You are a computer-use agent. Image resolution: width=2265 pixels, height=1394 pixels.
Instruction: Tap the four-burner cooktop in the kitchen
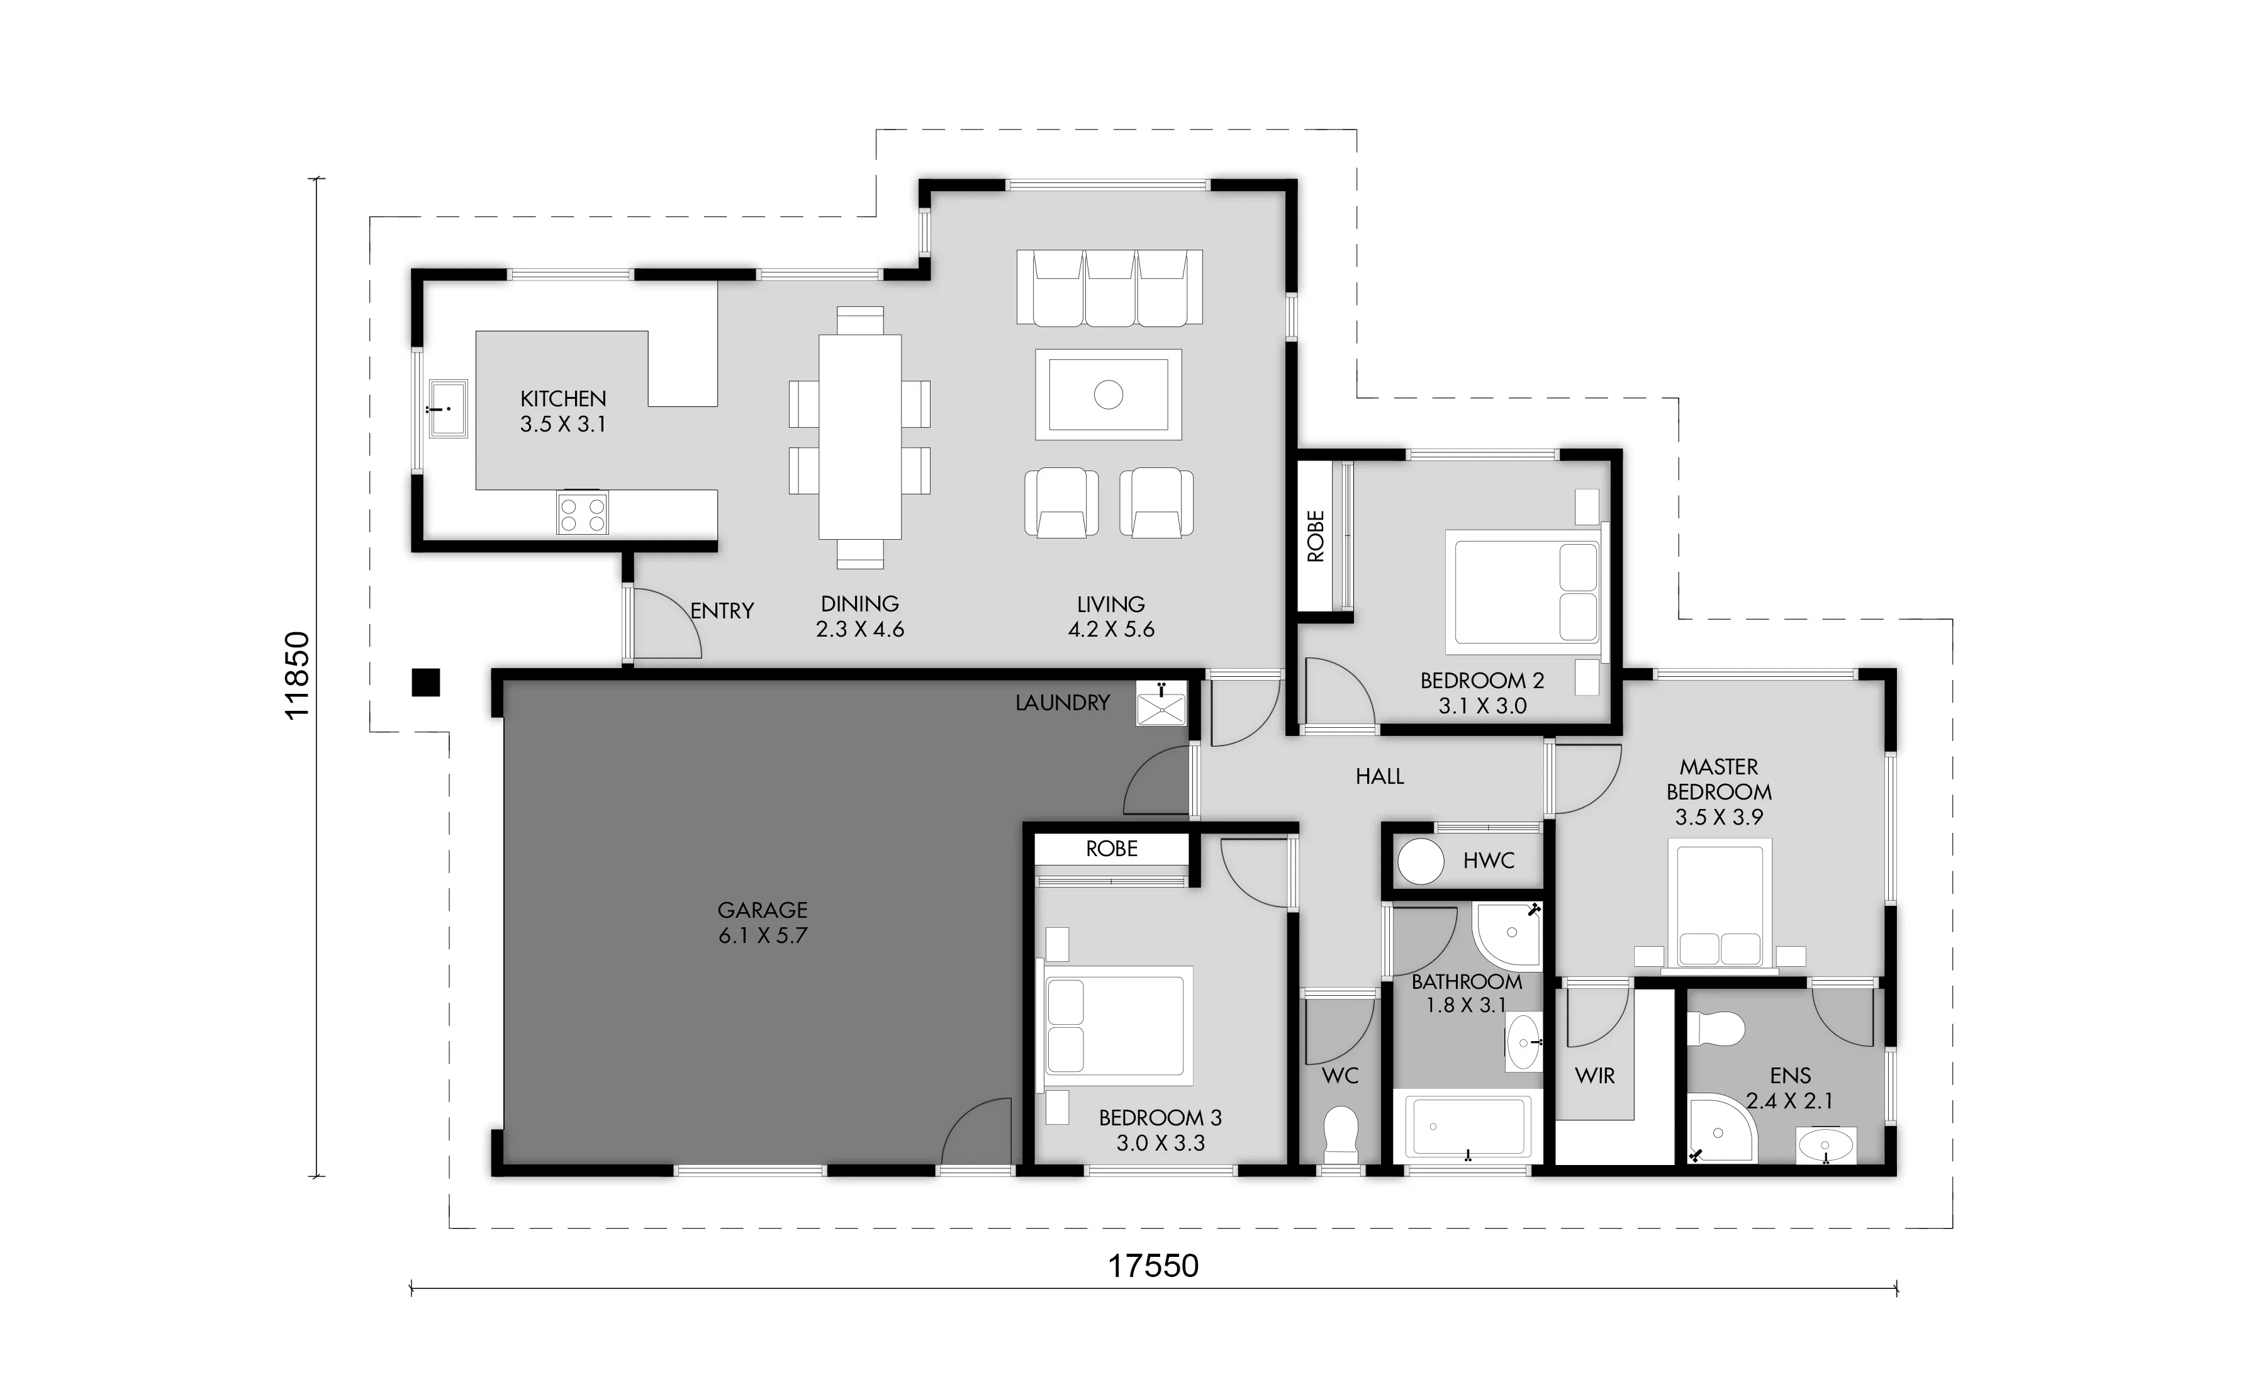582,513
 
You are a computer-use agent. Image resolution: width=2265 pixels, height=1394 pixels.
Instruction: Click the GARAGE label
763,910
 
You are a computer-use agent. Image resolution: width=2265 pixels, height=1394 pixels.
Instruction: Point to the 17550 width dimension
1153,1266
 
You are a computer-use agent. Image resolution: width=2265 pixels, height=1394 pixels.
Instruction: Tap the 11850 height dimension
297,676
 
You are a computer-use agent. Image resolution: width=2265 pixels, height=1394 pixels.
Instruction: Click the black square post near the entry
425,683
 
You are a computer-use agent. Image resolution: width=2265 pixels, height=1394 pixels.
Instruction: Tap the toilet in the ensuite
1716,1028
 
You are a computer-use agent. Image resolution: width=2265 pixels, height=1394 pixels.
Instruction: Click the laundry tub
1161,703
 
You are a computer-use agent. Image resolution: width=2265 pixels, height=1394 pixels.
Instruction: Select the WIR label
1595,1076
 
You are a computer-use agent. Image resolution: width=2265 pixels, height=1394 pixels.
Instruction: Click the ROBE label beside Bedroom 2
1316,537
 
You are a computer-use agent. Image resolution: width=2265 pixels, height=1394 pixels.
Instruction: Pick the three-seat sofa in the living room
1109,287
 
